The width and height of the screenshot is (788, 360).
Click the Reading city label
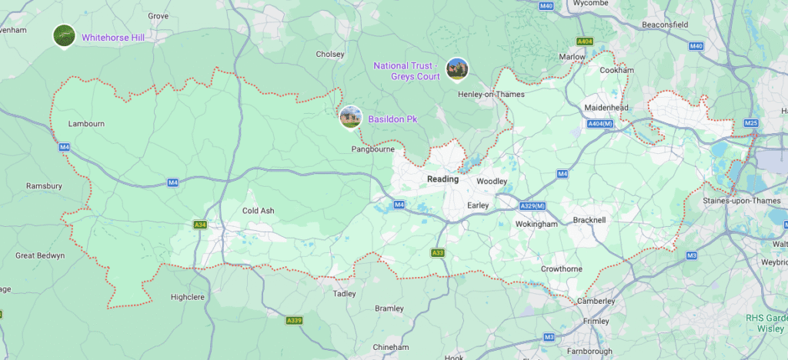coord(442,179)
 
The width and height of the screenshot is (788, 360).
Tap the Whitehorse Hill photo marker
coord(64,35)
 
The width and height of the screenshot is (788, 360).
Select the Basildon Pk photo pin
coord(350,117)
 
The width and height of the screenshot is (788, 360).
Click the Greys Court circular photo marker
coord(457,69)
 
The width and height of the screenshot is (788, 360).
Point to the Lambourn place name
coord(86,123)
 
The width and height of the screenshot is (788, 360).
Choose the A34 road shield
coord(200,225)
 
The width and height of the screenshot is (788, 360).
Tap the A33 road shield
coord(437,252)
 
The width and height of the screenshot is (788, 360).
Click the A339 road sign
coord(293,320)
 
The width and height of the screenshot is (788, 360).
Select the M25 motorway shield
coord(751,123)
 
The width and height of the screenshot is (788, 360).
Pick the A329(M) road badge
coord(532,206)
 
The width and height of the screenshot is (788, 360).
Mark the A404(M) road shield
coord(599,123)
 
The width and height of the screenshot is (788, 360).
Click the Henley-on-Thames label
coord(491,95)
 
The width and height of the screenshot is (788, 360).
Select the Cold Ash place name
coord(258,211)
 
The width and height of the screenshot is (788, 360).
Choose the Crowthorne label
coord(561,268)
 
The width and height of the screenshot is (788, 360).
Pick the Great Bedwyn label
coord(40,255)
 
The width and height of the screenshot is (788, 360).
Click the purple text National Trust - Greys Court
coord(406,71)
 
